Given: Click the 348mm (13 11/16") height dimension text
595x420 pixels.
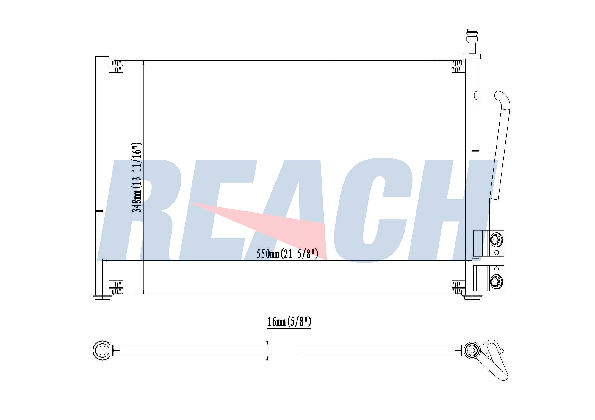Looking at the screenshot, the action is tap(137, 177).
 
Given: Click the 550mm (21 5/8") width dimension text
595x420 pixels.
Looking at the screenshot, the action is tap(287, 254).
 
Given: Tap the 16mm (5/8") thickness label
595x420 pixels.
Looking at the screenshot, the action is tap(289, 322).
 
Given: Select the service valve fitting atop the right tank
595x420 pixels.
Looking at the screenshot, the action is tap(472, 43).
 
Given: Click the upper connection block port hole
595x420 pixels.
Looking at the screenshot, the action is tap(496, 239).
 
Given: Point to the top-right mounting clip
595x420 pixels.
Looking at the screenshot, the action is tap(458, 67).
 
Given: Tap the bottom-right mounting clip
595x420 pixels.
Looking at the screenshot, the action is tap(458, 287).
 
